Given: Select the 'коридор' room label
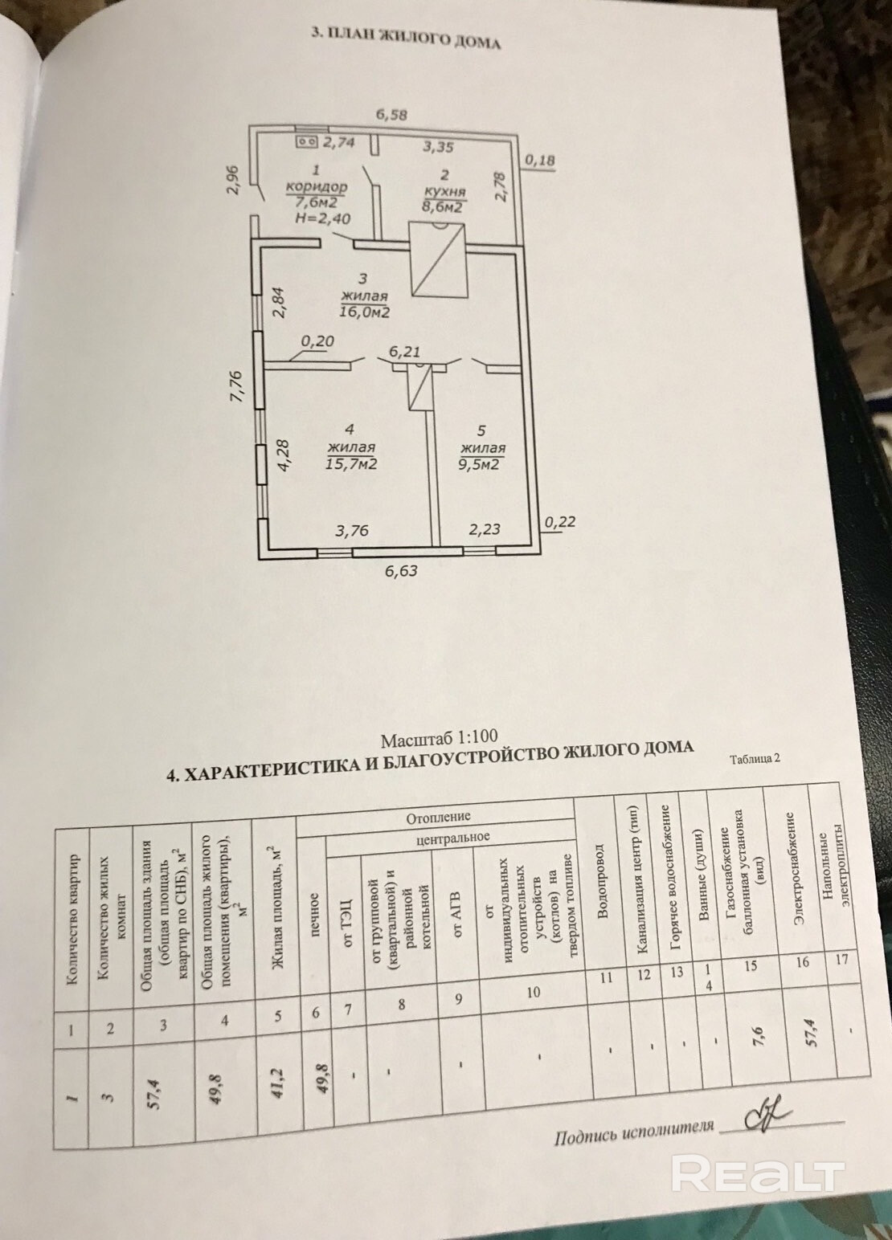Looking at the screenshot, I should pyautogui.click(x=317, y=187).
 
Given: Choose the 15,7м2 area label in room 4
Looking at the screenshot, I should pyautogui.click(x=351, y=463).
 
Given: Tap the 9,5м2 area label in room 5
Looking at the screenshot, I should pyautogui.click(x=481, y=463).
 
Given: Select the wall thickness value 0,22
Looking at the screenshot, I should pyautogui.click(x=559, y=521).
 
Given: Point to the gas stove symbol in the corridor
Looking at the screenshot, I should pyautogui.click(x=306, y=142).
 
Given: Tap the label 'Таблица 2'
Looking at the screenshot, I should pyautogui.click(x=755, y=758).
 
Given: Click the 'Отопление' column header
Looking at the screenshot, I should pyautogui.click(x=437, y=818).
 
